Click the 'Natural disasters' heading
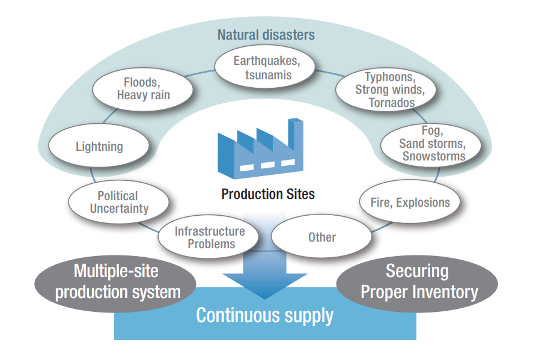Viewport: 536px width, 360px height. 266,34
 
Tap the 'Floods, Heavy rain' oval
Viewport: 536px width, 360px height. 143,88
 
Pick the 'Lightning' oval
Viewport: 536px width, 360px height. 99,146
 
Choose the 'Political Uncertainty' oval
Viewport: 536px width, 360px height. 118,203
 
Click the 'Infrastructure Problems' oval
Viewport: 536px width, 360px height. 210,237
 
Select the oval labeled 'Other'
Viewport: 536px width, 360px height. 321,237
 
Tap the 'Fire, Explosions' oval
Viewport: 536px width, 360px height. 410,203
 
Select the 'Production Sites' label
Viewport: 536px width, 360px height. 268,194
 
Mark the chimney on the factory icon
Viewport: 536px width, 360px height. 295,129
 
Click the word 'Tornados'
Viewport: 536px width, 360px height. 392,103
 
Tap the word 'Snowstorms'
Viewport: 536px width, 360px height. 433,156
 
